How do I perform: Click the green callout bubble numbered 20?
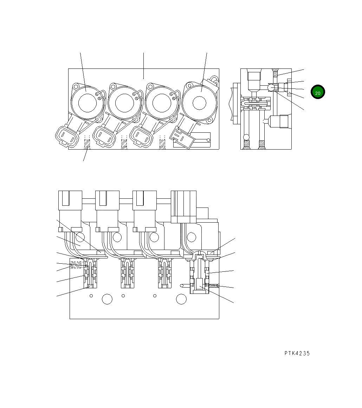pyautogui.click(x=318, y=92)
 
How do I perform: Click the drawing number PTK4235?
pyautogui.click(x=297, y=354)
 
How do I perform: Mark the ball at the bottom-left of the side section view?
pyautogui.click(x=246, y=137)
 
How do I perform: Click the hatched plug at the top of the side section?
pyautogui.click(x=276, y=73)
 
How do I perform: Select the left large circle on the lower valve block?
pyautogui.click(x=107, y=299)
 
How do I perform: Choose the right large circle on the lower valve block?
pyautogui.click(x=181, y=299)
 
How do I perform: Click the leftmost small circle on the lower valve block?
pyautogui.click(x=91, y=296)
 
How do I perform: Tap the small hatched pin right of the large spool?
pyautogui.click(x=214, y=286)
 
